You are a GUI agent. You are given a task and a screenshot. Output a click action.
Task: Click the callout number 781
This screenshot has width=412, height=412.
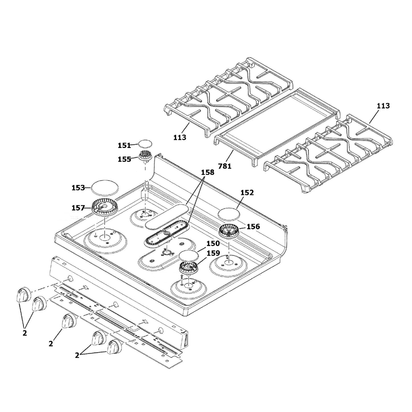225,166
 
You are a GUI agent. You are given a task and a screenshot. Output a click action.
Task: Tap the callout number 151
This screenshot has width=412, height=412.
124,145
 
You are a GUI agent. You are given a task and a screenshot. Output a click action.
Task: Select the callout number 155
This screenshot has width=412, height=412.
124,159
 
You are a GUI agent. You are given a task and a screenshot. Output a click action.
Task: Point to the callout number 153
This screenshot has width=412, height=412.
78,188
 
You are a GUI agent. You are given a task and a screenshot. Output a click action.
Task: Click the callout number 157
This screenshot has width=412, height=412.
78,208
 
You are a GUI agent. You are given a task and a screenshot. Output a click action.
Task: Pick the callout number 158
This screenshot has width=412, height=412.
208,172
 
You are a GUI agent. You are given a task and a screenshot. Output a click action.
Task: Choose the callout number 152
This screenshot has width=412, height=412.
247,192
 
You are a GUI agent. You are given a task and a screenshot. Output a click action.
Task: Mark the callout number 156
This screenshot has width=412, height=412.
253,227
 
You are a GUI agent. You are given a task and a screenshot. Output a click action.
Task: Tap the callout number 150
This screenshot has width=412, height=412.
213,244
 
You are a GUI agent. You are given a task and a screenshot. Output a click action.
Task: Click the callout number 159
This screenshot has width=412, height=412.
213,253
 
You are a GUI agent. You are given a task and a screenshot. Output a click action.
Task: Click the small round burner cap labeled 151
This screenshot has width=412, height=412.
145,143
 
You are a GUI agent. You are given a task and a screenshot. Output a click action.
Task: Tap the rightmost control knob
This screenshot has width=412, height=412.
114,347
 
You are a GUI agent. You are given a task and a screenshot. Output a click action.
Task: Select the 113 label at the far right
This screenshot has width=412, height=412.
383,106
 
